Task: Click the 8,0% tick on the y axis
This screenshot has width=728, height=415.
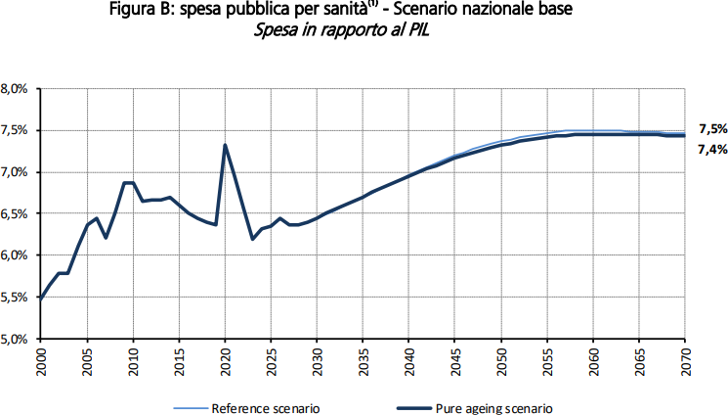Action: (21, 89)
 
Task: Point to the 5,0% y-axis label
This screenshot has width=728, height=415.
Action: (21, 339)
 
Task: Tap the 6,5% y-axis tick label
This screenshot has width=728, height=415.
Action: (21, 214)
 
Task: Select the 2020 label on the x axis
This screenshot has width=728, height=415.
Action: (225, 354)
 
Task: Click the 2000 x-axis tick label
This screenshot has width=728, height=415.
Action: (42, 354)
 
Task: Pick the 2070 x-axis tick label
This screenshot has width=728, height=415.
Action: (685, 354)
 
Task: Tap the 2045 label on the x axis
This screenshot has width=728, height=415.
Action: (455, 354)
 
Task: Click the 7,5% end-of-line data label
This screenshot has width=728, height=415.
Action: (712, 129)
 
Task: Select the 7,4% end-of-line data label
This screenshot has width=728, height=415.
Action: (712, 149)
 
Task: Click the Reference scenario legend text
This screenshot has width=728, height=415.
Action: (266, 406)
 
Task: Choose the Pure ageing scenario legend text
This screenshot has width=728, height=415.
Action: (495, 406)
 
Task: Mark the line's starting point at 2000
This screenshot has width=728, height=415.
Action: (42, 298)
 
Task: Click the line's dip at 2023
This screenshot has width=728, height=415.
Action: (252, 239)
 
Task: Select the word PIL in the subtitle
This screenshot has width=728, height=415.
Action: (415, 30)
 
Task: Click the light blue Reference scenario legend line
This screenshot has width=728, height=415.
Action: (191, 406)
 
